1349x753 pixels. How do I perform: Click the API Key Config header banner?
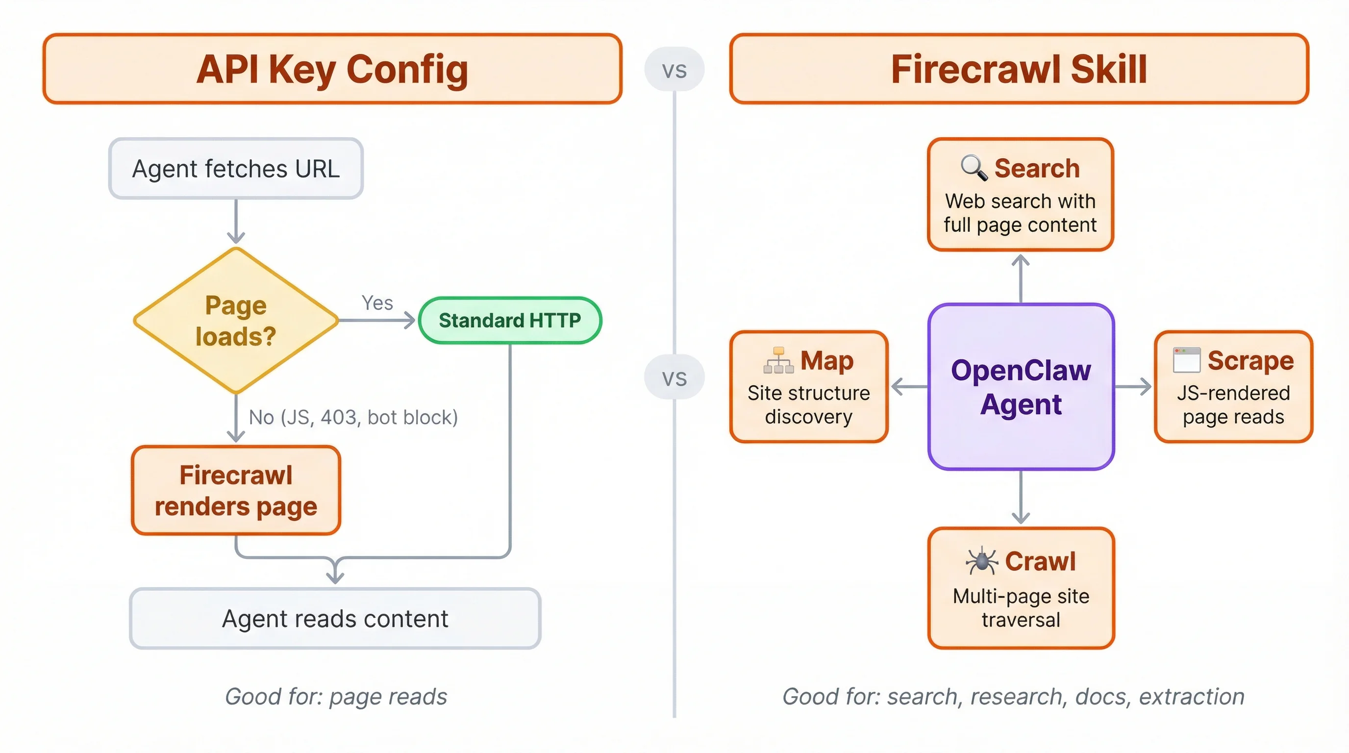coord(332,69)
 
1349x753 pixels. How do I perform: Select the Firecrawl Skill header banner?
coord(1019,69)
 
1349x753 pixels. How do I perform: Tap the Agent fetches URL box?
coord(236,169)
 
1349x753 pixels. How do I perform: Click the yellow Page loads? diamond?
coord(236,321)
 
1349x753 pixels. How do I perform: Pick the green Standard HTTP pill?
coord(509,321)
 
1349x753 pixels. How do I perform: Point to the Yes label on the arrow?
coord(377,302)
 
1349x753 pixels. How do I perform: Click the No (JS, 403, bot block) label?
coord(353,417)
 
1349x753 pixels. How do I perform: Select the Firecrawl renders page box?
coord(236,491)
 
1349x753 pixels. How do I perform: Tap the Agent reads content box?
coord(335,618)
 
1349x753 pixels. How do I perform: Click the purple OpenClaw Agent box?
coord(1021,386)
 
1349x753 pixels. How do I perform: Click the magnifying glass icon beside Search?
coord(974,168)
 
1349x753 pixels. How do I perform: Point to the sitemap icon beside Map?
coord(779,360)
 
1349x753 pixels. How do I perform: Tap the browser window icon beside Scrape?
coord(1187,360)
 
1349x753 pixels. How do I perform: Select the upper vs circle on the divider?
coord(674,70)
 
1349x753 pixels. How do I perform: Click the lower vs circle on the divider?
coord(674,377)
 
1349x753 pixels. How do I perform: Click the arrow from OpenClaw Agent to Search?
coord(1021,277)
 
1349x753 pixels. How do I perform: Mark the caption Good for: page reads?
coord(336,697)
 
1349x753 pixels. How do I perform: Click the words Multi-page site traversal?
coord(1021,608)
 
